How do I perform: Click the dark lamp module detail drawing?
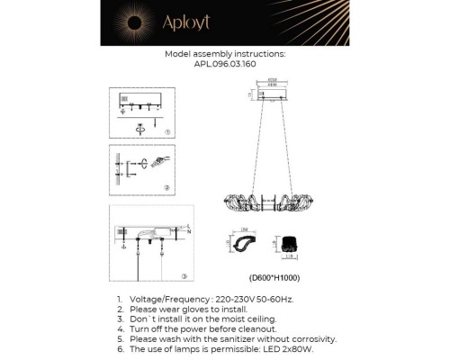tap(290, 242)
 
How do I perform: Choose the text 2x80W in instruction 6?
tap(299, 349)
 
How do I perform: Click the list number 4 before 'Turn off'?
tap(119, 328)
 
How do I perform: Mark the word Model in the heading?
tap(179, 55)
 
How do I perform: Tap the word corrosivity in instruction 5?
tap(310, 339)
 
